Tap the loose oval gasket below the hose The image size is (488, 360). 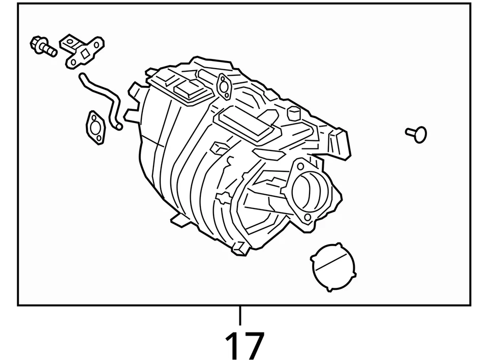click(95, 126)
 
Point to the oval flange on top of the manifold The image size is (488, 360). click(223, 85)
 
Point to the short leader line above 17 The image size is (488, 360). click(240, 316)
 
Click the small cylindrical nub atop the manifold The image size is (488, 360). click(293, 113)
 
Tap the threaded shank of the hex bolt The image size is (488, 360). click(49, 50)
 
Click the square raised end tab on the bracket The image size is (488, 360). click(68, 41)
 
